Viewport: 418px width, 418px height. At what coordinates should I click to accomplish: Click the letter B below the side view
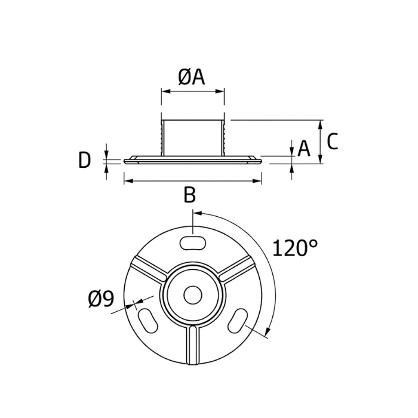point(189,195)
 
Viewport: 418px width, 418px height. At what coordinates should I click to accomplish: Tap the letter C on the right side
point(333,142)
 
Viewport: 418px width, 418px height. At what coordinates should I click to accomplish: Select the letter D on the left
point(85,159)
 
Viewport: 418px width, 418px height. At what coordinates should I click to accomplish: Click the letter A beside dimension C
point(304,149)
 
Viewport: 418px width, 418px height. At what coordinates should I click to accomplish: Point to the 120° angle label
point(296,247)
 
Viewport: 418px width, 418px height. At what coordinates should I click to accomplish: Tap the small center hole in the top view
point(192,294)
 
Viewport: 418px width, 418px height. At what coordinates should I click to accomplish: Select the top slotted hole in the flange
point(192,242)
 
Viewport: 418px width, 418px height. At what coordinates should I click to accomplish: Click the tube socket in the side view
point(192,137)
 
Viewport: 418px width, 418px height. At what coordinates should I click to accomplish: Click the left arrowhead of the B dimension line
point(127,181)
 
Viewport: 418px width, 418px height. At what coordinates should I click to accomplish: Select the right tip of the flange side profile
point(261,159)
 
